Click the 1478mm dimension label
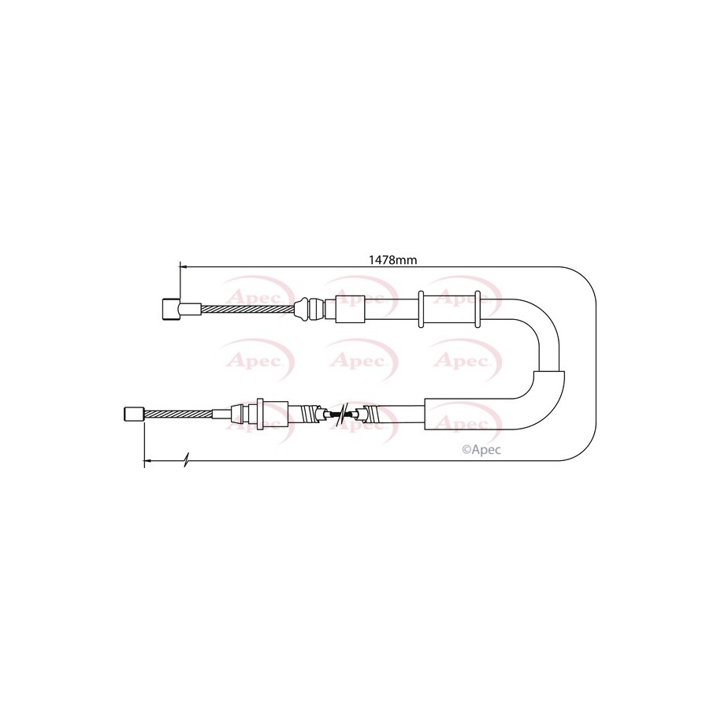click(392, 260)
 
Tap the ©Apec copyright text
click(481, 449)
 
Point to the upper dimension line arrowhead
click(184, 266)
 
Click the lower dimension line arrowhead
click(148, 459)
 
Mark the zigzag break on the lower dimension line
click(186, 459)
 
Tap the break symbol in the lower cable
click(342, 414)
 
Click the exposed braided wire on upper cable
click(247, 309)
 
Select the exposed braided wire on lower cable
click(178, 414)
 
